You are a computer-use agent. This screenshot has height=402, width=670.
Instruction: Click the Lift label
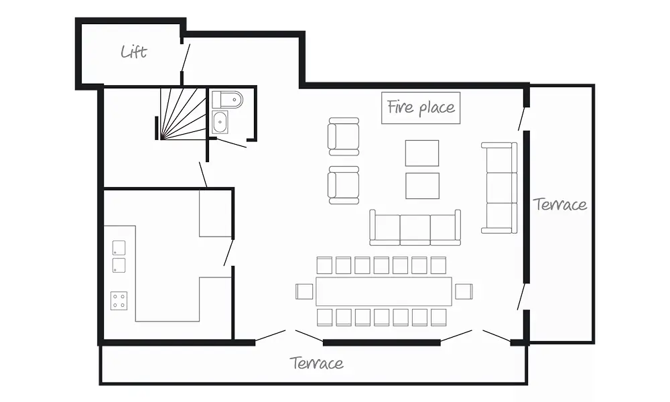134,52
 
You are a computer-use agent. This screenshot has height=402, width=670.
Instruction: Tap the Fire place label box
421,108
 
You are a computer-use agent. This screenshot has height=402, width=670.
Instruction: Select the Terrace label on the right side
559,204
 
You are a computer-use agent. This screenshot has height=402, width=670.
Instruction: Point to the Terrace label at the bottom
317,362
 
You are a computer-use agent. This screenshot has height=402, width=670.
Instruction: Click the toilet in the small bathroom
227,100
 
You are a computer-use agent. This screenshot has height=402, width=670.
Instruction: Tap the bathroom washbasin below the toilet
220,122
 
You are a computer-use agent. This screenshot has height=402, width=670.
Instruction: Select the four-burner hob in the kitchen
119,300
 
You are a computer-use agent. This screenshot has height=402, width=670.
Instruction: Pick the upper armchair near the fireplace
344,137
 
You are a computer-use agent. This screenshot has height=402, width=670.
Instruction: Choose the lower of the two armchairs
344,186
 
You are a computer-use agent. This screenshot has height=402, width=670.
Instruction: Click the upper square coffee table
422,153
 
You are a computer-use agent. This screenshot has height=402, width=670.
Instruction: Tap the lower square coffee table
422,186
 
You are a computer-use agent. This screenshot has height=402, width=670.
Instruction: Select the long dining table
384,291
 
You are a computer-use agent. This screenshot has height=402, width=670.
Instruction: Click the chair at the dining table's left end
304,291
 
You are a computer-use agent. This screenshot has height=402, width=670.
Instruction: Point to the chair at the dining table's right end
464,291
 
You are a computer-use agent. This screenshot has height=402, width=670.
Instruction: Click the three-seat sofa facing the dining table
415,228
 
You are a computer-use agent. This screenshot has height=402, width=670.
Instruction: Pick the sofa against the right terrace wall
499,188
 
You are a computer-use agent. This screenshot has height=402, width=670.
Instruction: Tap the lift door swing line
186,57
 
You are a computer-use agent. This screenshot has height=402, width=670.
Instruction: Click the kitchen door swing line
228,253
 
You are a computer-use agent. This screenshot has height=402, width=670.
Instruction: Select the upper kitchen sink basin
119,248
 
